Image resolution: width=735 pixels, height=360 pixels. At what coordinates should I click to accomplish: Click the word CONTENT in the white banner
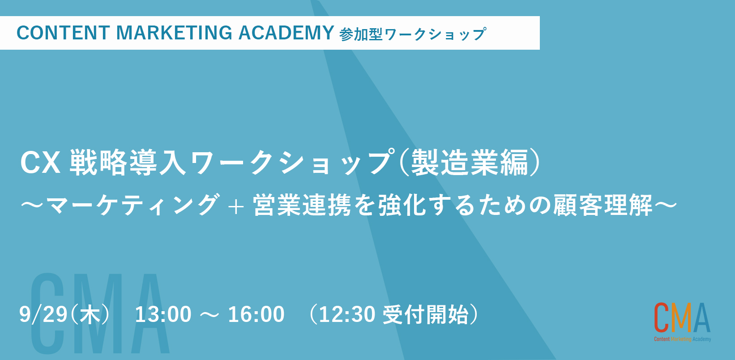click(63, 33)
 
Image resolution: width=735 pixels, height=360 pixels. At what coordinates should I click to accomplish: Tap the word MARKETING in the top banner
click(174, 33)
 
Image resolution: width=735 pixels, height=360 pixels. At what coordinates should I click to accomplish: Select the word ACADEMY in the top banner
click(286, 33)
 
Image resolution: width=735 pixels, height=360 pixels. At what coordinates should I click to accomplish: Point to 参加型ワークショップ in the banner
click(412, 34)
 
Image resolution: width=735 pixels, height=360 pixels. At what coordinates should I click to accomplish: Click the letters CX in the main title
click(40, 163)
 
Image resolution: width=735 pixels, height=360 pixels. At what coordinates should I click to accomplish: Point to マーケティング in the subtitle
click(131, 205)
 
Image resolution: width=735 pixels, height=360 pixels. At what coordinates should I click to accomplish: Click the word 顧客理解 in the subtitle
click(603, 205)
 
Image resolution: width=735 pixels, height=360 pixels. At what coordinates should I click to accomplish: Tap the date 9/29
click(43, 314)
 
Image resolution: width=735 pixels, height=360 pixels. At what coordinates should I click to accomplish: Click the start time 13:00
click(163, 314)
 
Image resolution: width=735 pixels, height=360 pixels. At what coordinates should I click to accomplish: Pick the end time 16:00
click(256, 314)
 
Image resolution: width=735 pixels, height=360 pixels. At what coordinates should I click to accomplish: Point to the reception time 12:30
click(347, 314)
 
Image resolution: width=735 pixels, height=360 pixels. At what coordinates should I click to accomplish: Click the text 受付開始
click(426, 314)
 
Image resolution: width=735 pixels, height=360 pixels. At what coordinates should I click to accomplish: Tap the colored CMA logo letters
click(682, 317)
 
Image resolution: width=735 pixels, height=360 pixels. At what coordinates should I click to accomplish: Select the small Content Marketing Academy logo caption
click(683, 339)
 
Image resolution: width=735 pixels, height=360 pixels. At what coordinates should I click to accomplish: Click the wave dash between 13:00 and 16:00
click(209, 315)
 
